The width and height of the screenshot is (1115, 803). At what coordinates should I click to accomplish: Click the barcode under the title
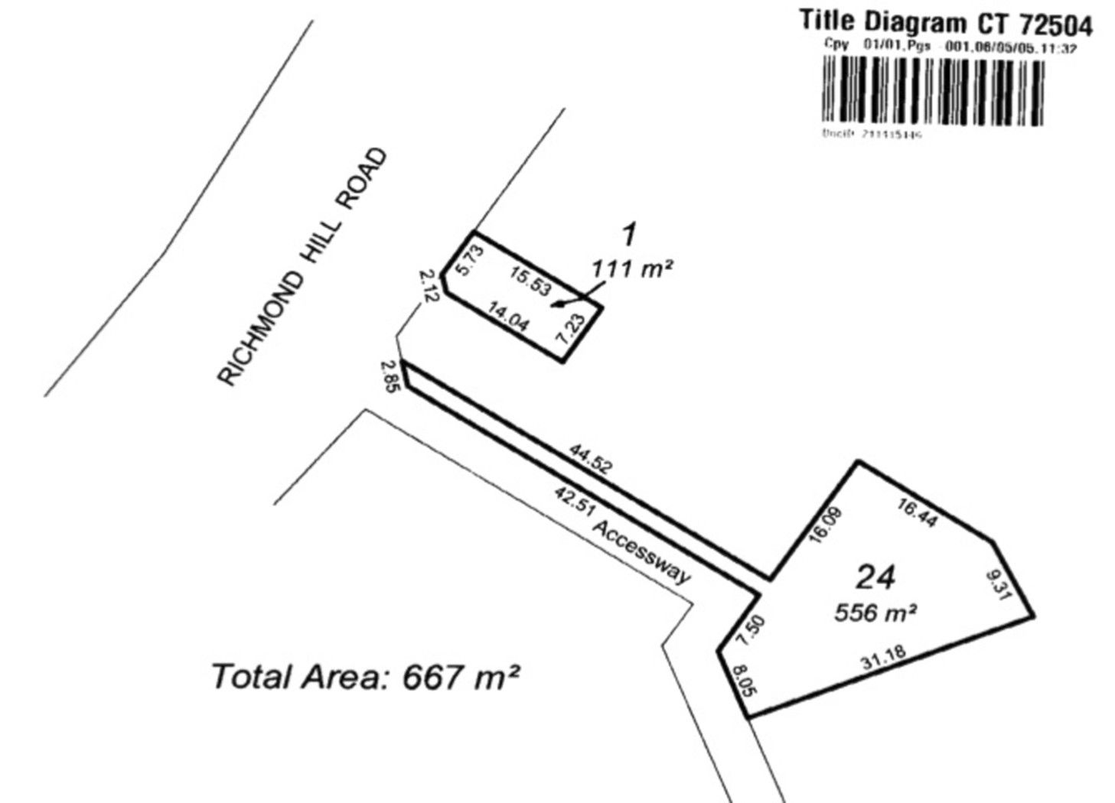[x=932, y=93]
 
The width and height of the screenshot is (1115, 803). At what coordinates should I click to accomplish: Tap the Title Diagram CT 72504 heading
[x=946, y=24]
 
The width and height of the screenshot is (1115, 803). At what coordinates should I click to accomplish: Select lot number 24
[x=875, y=577]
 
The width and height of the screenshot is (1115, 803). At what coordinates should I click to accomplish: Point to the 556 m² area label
[x=875, y=613]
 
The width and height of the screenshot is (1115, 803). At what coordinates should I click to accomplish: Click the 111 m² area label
[x=631, y=268]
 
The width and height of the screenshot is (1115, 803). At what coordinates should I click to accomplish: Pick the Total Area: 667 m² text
[x=365, y=677]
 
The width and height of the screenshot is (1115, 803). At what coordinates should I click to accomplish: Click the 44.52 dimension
[x=590, y=458]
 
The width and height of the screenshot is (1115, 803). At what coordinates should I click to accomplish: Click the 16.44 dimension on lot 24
[x=915, y=509]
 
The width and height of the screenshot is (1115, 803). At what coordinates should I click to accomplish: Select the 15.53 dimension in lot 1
[x=530, y=281]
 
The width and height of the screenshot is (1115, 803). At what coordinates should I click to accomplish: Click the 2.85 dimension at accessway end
[x=390, y=376]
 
